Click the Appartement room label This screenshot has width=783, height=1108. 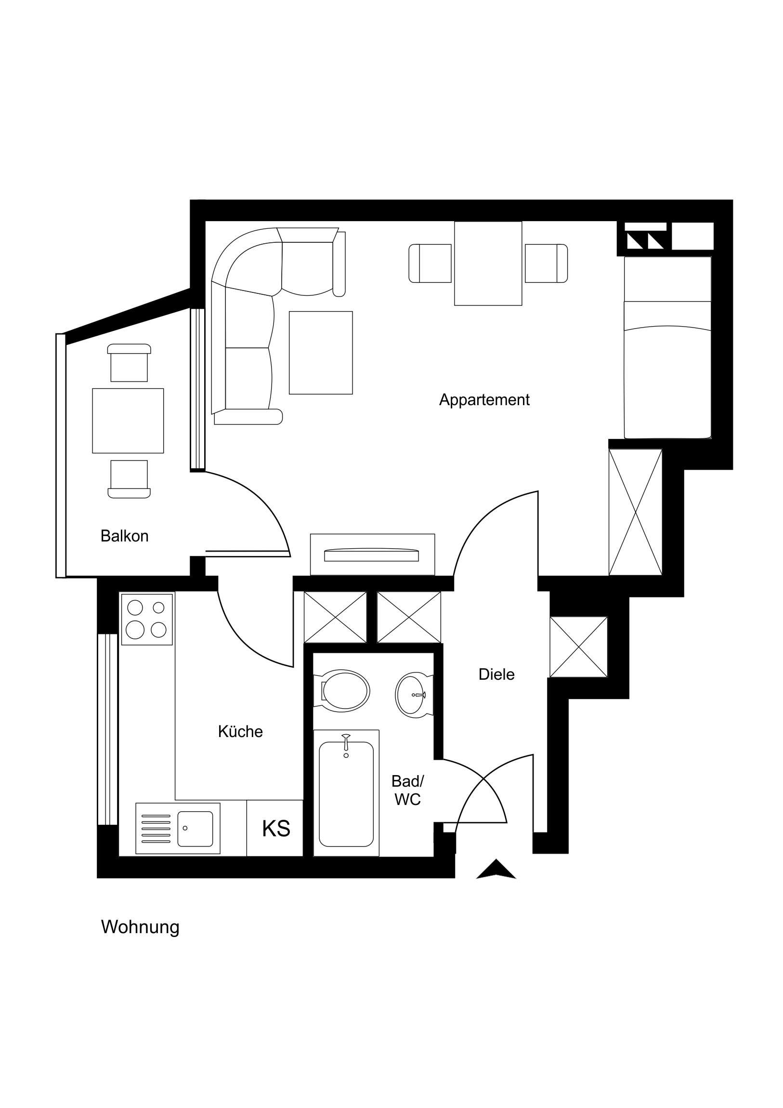click(484, 399)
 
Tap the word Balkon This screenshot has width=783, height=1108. click(124, 536)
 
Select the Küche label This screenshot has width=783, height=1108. click(240, 732)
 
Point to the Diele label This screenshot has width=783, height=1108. click(496, 674)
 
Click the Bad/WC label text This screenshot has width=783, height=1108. click(407, 790)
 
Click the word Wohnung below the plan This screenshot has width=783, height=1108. click(140, 927)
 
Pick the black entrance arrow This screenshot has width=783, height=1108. click(496, 869)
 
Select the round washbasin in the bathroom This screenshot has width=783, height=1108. click(413, 695)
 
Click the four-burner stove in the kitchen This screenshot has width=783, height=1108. click(147, 619)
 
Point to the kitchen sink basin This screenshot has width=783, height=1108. click(195, 829)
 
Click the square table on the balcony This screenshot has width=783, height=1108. click(128, 421)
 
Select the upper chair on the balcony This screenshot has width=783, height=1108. click(129, 363)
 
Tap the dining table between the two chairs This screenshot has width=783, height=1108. click(488, 264)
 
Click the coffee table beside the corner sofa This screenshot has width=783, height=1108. click(320, 353)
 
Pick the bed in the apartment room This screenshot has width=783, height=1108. click(668, 347)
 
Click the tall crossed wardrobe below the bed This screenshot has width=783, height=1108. click(635, 512)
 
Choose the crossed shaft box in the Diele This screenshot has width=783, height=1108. click(578, 647)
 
